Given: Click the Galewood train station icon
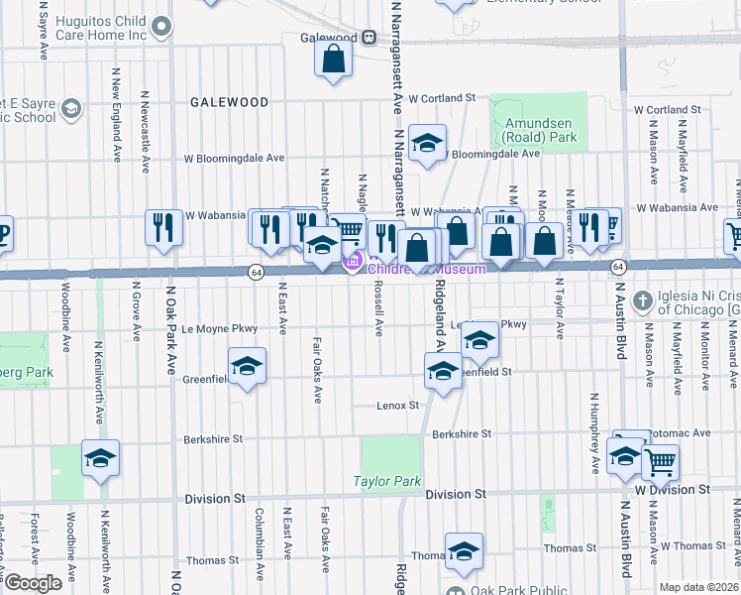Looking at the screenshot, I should coord(369,38).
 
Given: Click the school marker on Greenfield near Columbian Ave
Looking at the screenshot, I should coord(247,366).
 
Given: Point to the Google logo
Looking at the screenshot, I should coord(32,582).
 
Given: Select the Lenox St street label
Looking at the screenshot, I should coord(397,405).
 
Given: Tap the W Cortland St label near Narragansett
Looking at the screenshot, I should coord(442,98).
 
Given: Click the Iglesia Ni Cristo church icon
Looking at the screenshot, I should coord(642,299).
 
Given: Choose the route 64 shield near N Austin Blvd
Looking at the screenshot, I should coord(617,268).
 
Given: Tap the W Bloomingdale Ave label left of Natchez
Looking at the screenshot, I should coord(233,158).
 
